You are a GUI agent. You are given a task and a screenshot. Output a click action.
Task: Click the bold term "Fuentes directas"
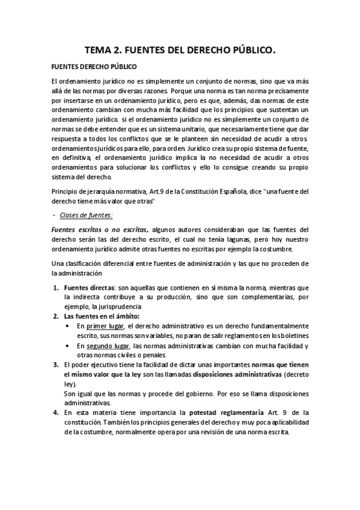90,287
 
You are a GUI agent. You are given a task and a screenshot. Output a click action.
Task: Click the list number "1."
55,287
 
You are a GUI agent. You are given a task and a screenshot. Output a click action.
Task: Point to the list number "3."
55,364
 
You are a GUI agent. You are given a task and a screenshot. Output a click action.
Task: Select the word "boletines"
294,336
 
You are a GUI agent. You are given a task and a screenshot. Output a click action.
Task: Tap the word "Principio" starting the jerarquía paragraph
66,191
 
